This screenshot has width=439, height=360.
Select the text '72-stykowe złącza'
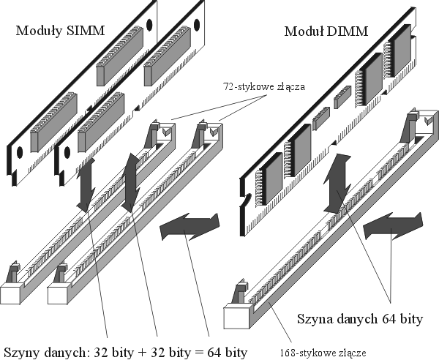pyautogui.click(x=263, y=86)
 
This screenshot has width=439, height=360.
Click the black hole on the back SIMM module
pyautogui.click(x=149, y=24)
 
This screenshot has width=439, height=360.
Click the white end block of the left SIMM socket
pyautogui.click(x=13, y=293)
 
